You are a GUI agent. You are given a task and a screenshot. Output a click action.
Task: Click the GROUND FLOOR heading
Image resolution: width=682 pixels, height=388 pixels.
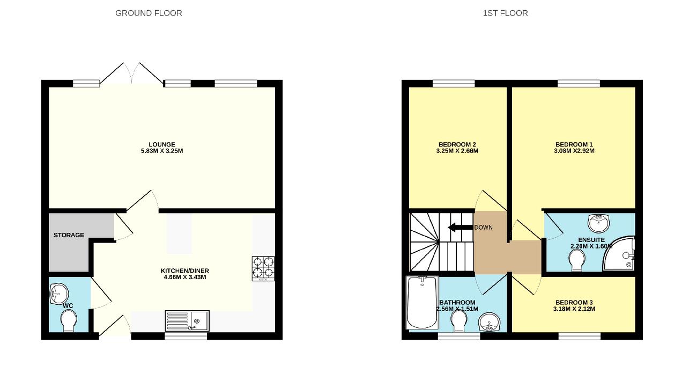[x=149, y=13]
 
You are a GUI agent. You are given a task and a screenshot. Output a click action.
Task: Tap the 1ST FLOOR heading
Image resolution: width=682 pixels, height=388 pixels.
[x=505, y=13]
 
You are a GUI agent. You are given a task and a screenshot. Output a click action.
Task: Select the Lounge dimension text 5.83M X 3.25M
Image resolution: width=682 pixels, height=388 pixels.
[x=162, y=151]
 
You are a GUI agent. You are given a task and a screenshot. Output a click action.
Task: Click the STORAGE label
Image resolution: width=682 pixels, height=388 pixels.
[x=69, y=235]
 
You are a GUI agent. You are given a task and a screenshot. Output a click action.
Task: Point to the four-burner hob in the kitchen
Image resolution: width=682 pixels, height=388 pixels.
[x=263, y=269]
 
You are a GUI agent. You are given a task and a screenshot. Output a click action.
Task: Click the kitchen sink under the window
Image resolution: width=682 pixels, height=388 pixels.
[x=187, y=321]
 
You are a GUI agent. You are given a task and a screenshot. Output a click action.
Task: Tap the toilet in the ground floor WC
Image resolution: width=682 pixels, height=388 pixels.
[x=69, y=322]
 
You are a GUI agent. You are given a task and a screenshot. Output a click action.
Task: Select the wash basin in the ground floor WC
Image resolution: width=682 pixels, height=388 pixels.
[x=58, y=294]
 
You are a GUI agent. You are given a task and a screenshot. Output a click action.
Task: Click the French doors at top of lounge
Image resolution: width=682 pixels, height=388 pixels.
[x=132, y=74]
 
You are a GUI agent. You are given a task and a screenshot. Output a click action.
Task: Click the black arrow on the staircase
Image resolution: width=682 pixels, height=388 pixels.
[x=459, y=228]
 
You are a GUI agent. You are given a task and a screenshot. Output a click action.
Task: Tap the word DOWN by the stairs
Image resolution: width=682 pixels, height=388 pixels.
[x=483, y=228]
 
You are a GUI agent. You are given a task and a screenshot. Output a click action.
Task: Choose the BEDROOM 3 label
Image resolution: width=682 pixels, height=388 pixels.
[x=574, y=302]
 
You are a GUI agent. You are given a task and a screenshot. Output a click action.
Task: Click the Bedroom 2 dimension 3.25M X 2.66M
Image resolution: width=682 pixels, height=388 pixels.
[x=457, y=151]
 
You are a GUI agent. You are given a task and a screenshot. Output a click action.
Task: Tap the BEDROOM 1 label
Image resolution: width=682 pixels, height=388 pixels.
[x=574, y=144]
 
